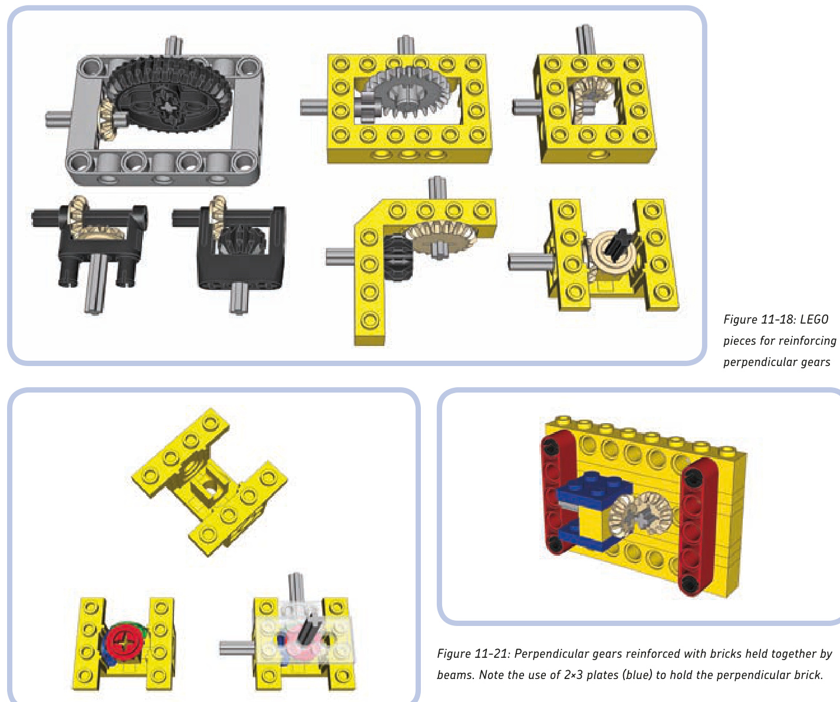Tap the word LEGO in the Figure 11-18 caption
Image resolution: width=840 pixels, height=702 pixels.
tap(814, 319)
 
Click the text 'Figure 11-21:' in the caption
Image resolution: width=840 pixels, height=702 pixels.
tap(473, 654)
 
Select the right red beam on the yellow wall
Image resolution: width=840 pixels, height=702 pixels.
tap(698, 527)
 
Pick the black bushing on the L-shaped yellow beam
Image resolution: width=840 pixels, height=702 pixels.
tap(397, 258)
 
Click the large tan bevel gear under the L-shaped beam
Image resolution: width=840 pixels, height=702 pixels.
tap(440, 238)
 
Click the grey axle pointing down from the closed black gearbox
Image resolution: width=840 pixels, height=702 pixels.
tap(238, 298)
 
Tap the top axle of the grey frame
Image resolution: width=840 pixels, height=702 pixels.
tap(174, 46)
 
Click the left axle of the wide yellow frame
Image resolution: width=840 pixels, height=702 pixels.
tap(314, 108)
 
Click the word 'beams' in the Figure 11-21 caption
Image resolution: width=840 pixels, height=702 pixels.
tap(456, 675)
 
